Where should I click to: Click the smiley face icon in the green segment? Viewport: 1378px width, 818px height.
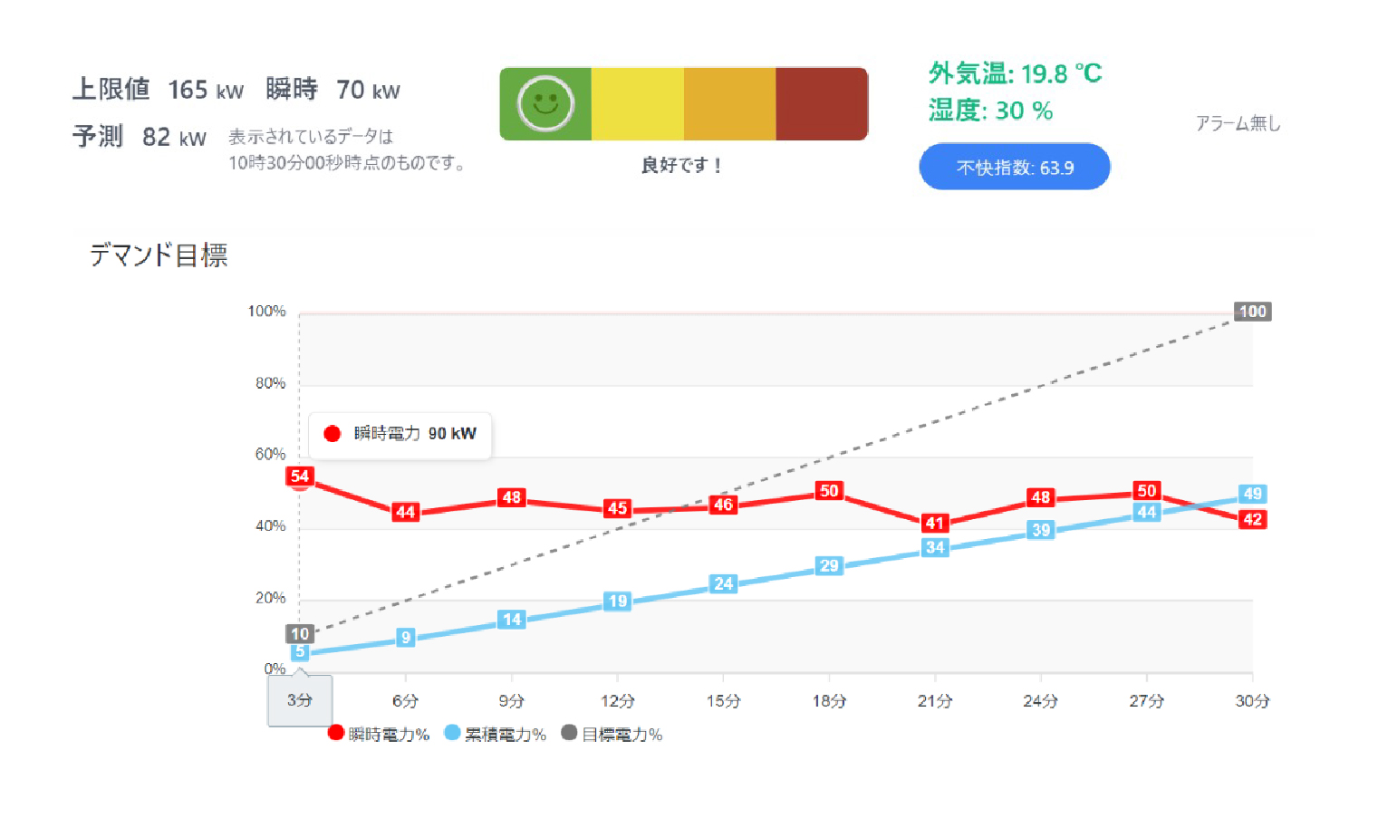point(545,104)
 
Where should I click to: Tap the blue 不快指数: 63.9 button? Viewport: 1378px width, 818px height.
point(1014,168)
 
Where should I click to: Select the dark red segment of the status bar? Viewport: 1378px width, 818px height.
point(821,104)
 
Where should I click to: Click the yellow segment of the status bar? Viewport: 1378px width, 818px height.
point(637,104)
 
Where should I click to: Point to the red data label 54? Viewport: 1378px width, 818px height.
point(300,476)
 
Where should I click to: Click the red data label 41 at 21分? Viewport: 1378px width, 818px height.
point(935,523)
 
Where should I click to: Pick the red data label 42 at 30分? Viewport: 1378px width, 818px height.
point(1252,519)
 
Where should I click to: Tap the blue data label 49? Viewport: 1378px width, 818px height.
point(1252,494)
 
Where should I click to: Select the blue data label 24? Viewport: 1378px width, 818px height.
point(723,583)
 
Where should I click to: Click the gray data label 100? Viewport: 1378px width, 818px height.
point(1252,312)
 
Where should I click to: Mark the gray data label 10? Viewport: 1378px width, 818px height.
point(300,633)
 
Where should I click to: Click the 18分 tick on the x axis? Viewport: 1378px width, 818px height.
point(828,700)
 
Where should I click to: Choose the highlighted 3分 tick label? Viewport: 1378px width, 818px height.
point(300,700)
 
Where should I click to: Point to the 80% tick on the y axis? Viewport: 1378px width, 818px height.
point(270,383)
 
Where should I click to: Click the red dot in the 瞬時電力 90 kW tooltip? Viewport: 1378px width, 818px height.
point(332,434)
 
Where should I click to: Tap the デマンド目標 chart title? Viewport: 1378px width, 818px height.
point(159,255)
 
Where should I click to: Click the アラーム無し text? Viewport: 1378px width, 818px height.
point(1238,123)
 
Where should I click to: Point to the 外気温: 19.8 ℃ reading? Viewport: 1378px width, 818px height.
point(1015,73)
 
